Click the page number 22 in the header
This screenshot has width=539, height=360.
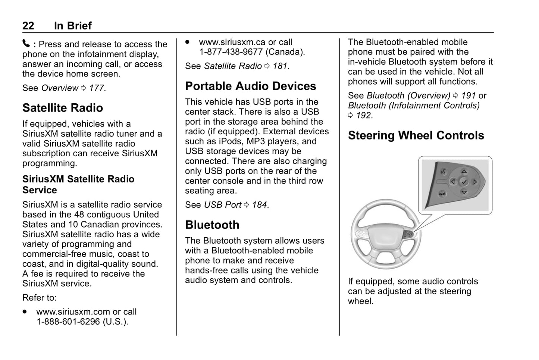28,26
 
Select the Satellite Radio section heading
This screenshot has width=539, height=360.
63,108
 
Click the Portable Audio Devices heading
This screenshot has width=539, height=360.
250,86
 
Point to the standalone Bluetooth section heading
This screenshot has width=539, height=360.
212,225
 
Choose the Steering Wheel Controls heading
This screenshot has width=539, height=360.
416,135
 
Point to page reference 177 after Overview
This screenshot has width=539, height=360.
97,88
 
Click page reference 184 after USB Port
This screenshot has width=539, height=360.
260,205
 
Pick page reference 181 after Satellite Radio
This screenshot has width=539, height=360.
280,66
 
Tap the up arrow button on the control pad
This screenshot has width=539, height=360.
464,172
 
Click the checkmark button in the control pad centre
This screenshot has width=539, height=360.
464,182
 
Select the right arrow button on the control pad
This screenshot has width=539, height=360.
475,182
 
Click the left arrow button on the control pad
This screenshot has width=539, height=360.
453,182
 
